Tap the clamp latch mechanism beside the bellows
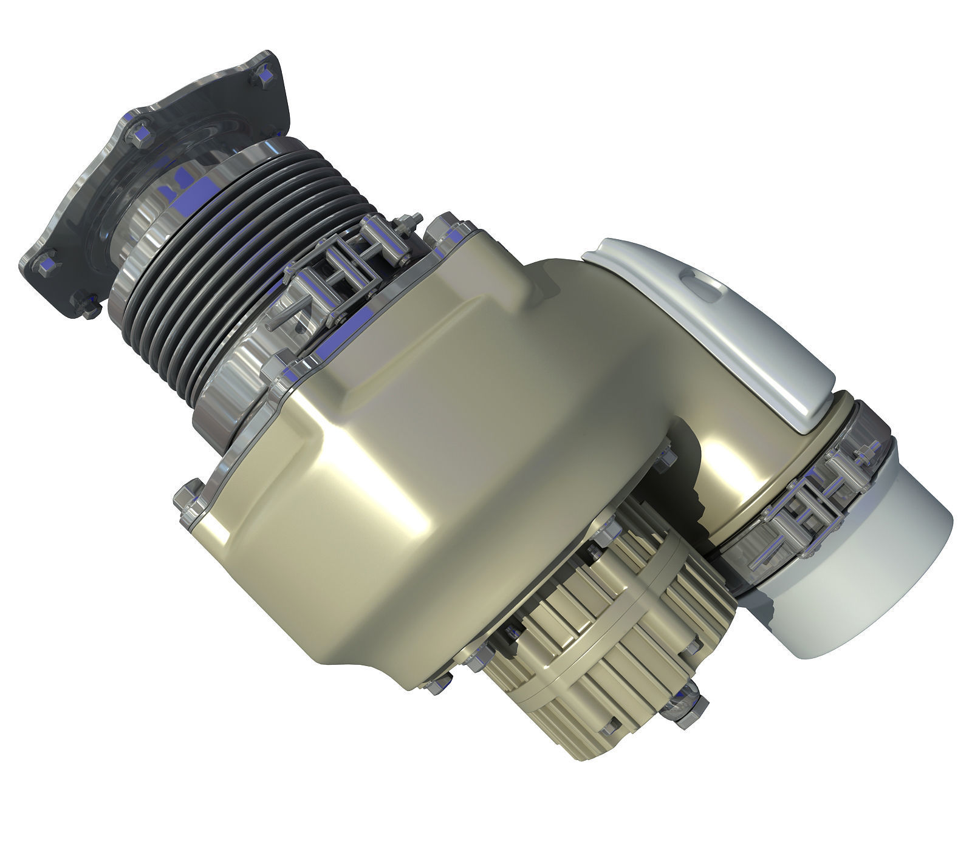pyautogui.click(x=340, y=267)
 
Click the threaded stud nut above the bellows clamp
pyautogui.click(x=404, y=222)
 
